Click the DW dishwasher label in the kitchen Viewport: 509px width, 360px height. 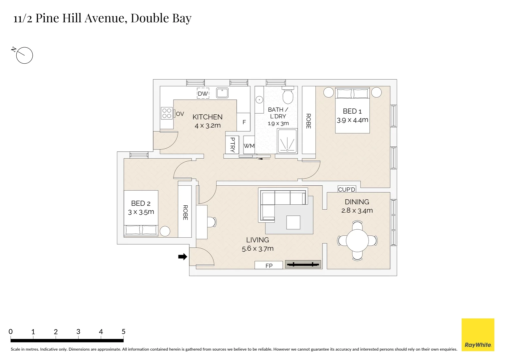(203, 93)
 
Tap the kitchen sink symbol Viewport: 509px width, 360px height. (222, 93)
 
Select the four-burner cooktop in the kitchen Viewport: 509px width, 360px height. (167, 113)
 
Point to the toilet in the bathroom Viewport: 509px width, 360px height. (288, 95)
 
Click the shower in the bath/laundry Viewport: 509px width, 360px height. (287, 141)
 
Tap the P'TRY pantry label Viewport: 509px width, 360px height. (233, 145)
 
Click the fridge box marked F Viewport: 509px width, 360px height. (244, 122)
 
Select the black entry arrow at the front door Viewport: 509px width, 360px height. (183, 257)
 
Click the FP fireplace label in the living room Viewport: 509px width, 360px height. (269, 266)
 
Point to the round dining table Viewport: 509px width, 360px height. (357, 241)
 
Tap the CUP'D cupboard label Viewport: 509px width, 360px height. (346, 189)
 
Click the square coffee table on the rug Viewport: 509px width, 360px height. (293, 222)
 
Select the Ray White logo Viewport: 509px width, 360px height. (478, 335)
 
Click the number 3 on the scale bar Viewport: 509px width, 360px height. (78, 332)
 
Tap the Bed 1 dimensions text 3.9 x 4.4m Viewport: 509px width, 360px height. (352, 120)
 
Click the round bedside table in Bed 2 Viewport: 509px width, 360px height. (165, 232)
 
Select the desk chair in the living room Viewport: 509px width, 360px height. (212, 222)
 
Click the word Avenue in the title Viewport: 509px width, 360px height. (106, 18)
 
